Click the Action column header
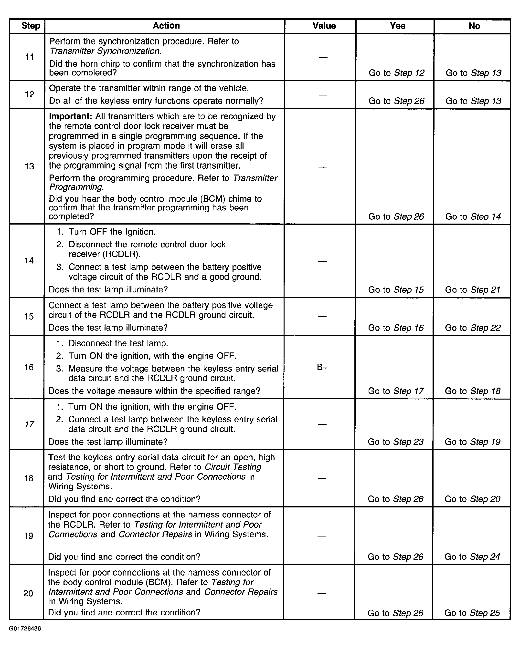pos(166,26)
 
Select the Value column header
pos(324,26)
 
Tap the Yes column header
pos(397,26)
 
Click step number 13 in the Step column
pos(29,166)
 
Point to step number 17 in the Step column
pos(29,424)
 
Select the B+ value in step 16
pos(322,368)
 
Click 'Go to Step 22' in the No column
pos(472,328)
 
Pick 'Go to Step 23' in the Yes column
pos(396,442)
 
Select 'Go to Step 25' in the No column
pos(472,613)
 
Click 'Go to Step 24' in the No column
pos(472,557)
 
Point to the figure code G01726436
pos(25,629)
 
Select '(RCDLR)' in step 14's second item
pos(121,254)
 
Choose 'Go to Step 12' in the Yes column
pos(396,73)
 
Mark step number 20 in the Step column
pos(28,593)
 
